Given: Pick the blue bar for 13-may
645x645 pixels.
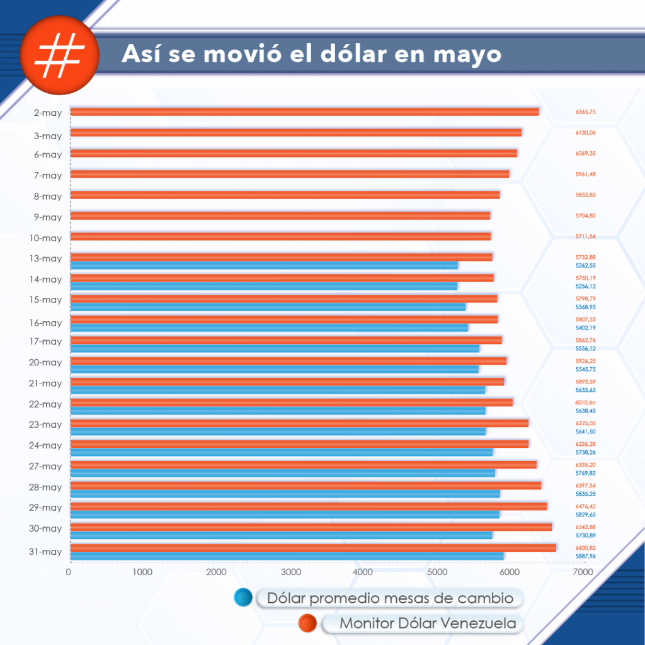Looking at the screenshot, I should click(x=264, y=265).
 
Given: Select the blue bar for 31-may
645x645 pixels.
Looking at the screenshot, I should click(x=287, y=556).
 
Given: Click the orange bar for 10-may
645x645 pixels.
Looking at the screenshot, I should click(x=280, y=236).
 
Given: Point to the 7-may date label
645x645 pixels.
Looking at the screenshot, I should click(x=47, y=176).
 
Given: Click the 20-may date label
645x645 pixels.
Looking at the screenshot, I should click(x=45, y=363).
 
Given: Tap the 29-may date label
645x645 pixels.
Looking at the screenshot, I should click(x=45, y=508).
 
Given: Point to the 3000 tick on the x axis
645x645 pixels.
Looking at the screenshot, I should click(x=290, y=573).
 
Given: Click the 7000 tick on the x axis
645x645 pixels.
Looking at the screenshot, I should click(x=583, y=573).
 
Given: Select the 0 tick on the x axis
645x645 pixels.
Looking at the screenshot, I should click(x=69, y=573).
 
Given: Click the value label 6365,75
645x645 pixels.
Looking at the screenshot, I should click(x=585, y=112).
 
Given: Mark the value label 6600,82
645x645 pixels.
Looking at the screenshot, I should click(x=585, y=548).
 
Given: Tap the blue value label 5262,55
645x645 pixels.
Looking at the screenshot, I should click(x=585, y=266).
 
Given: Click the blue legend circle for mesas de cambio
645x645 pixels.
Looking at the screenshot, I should click(x=243, y=598).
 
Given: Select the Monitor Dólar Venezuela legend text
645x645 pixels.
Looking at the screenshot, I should click(x=428, y=624).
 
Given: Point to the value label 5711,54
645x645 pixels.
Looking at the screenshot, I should click(x=585, y=237).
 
